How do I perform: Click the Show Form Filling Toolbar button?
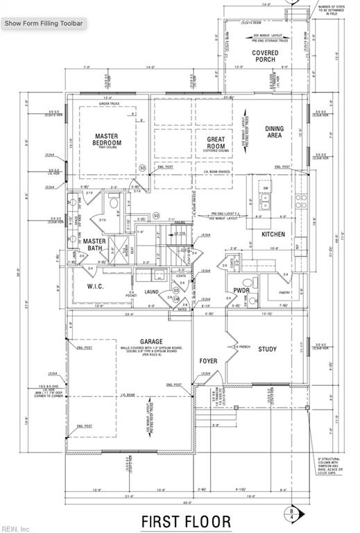pyautogui.click(x=44, y=23)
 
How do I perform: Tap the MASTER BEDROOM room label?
pyautogui.click(x=108, y=139)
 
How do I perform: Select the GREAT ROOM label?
pyautogui.click(x=216, y=143)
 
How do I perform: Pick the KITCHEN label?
pyautogui.click(x=274, y=235)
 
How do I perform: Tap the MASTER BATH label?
pyautogui.click(x=94, y=244)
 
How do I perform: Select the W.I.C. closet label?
pyautogui.click(x=94, y=286)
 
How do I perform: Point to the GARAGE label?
pyautogui.click(x=131, y=342)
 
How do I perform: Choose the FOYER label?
pyautogui.click(x=208, y=361)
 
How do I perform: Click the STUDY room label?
pyautogui.click(x=268, y=349)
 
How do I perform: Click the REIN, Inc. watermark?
pyautogui.click(x=15, y=529)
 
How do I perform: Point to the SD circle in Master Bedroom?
pyautogui.click(x=142, y=167)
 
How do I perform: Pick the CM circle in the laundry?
pyautogui.click(x=176, y=298)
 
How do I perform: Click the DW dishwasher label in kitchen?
pyautogui.click(x=266, y=188)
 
